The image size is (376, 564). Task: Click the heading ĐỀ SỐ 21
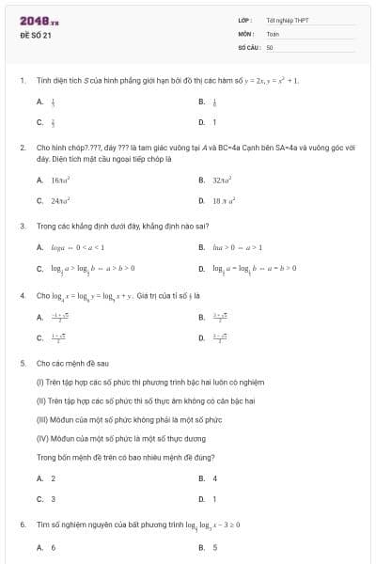pos(36,35)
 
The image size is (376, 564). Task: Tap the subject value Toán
pos(273,33)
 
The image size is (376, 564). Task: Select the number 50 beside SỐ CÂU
pos(270,46)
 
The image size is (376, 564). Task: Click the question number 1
pos(22,81)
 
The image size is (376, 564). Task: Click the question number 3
pos(22,227)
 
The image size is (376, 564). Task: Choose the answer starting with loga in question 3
pos(71,247)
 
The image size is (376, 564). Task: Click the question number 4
pos(22,294)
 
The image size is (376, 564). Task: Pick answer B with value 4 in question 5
pos(215,478)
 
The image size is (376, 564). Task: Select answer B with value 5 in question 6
pos(215,546)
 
